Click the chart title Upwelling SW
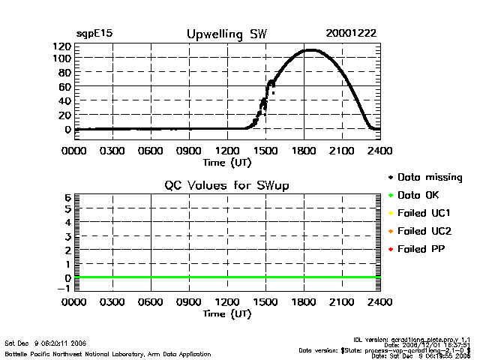coord(226,34)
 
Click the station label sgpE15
coord(94,34)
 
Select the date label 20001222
coord(351,34)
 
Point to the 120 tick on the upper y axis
coord(61,46)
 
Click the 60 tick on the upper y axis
coord(64,87)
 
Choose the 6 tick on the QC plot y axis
coord(67,197)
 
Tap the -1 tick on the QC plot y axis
coord(65,288)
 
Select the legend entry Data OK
coord(419,196)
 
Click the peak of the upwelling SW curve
coord(310,50)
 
